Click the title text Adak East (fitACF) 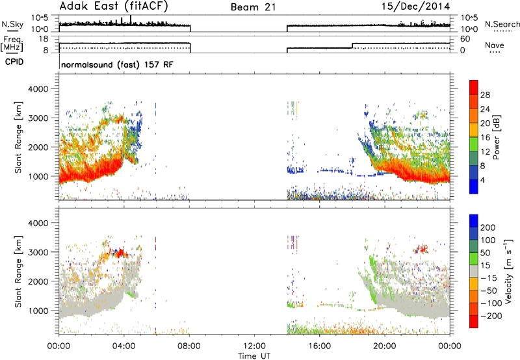pos(114,6)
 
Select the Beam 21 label pos(253,7)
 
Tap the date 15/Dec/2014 pos(416,6)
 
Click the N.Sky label pos(12,24)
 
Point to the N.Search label pos(502,24)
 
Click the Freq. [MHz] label pos(12,44)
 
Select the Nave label pos(495,45)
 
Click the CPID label pos(14,62)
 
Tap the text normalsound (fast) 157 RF pos(118,64)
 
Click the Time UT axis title pos(254,355)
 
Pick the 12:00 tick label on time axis pos(254,346)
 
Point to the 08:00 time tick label pos(189,346)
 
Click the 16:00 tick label pos(319,346)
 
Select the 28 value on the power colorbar pos(485,95)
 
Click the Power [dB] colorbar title pos(497,137)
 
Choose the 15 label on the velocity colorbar pos(484,266)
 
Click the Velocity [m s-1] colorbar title pos(508,271)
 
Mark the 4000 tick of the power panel pos(38,89)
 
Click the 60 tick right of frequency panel pos(465,39)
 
